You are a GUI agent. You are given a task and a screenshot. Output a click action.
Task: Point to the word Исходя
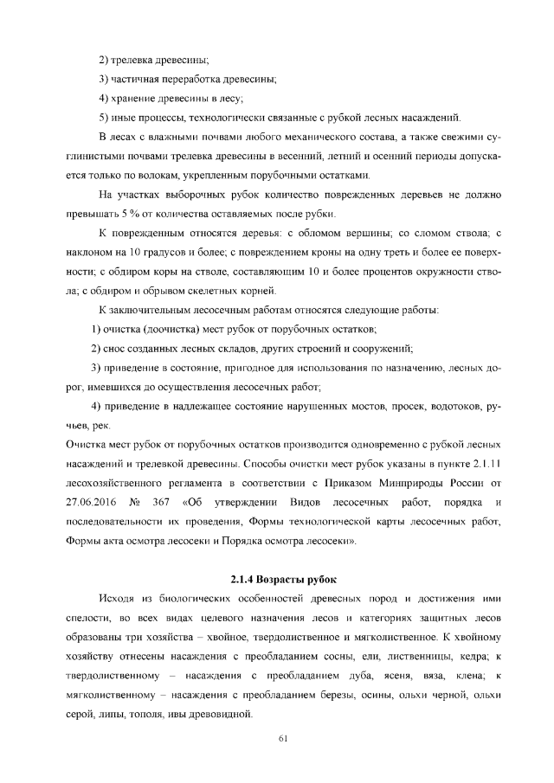[120, 599]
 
